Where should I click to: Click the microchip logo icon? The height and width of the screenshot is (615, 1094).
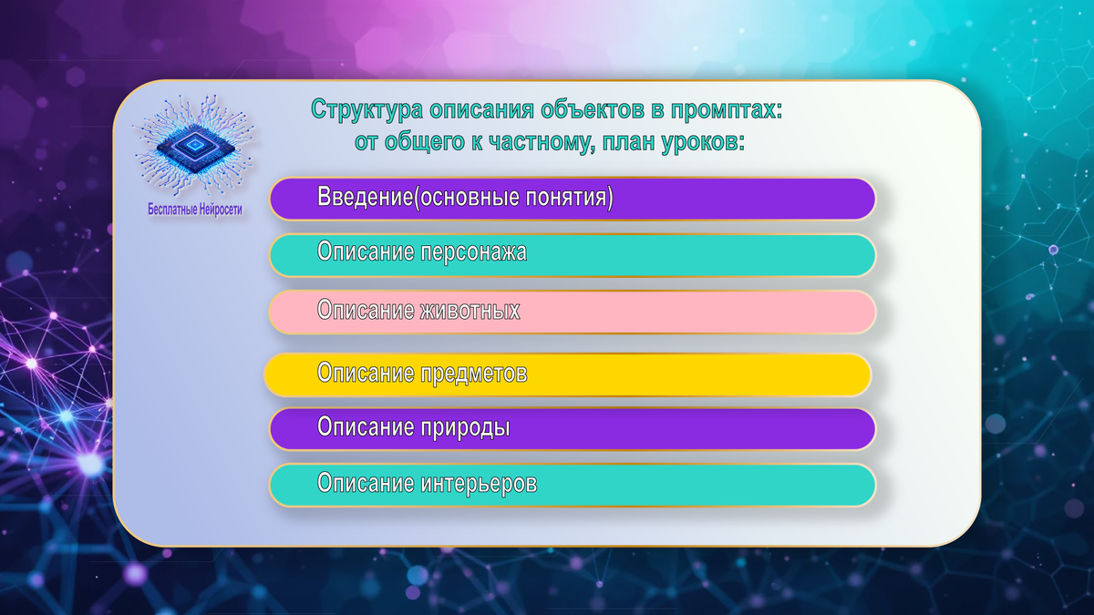pyautogui.click(x=194, y=147)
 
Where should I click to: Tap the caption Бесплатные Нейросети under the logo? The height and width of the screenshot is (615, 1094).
pyautogui.click(x=195, y=210)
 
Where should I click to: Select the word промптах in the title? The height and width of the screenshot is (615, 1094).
pyautogui.click(x=726, y=110)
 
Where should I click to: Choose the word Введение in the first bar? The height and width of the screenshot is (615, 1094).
pyautogui.click(x=365, y=196)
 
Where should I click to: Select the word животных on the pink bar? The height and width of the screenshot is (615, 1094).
pyautogui.click(x=470, y=311)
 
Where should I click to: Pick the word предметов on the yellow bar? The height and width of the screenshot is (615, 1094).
pyautogui.click(x=473, y=374)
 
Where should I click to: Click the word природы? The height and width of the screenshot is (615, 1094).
pyautogui.click(x=465, y=428)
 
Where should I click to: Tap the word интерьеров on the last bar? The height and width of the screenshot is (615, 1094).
pyautogui.click(x=479, y=483)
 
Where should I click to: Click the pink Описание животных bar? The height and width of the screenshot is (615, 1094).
pyautogui.click(x=573, y=312)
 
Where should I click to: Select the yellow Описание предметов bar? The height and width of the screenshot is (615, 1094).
pyautogui.click(x=567, y=374)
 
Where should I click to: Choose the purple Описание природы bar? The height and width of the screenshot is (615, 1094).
pyautogui.click(x=573, y=429)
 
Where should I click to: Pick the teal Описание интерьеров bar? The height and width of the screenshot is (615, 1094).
pyautogui.click(x=573, y=485)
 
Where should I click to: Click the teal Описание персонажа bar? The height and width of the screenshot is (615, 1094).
pyautogui.click(x=573, y=255)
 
